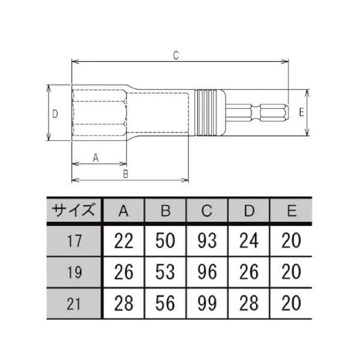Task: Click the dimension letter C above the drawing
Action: [176, 55]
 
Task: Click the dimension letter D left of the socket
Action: [55, 113]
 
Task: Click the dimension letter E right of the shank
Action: [301, 112]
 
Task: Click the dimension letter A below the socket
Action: [95, 157]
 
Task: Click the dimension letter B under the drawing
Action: [126, 174]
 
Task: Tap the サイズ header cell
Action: [73, 211]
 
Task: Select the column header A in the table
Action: [124, 211]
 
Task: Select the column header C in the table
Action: [207, 211]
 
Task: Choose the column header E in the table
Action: [292, 211]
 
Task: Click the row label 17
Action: [73, 241]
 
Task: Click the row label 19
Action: [73, 271]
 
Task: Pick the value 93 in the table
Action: [207, 241]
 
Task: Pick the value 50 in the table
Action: [165, 241]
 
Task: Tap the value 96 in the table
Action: [207, 271]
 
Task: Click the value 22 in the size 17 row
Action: [124, 241]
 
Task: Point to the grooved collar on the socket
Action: [210, 113]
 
